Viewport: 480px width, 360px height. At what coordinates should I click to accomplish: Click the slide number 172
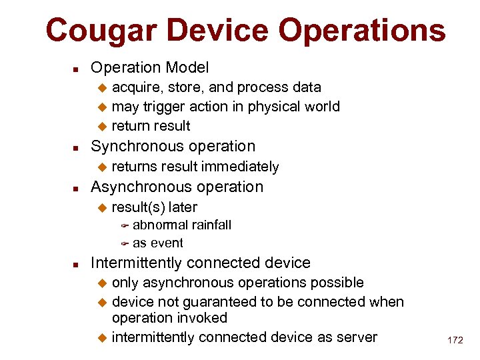[x=455, y=340]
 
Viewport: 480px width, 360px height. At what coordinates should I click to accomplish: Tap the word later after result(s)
[x=183, y=207]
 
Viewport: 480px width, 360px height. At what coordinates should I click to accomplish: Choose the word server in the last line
[x=355, y=337]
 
